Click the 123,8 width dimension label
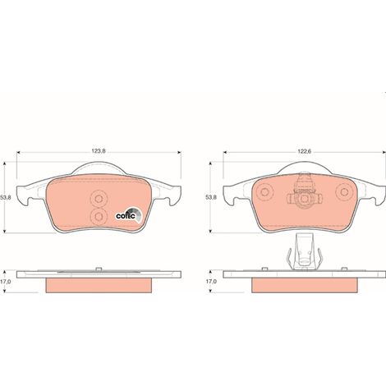99,151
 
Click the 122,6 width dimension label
305,151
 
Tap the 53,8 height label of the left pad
5,197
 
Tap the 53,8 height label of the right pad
211,197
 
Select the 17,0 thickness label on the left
5,281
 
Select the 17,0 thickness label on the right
211,281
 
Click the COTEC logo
128,214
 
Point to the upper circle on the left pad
99,199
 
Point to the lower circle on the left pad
99,217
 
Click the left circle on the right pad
264,191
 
